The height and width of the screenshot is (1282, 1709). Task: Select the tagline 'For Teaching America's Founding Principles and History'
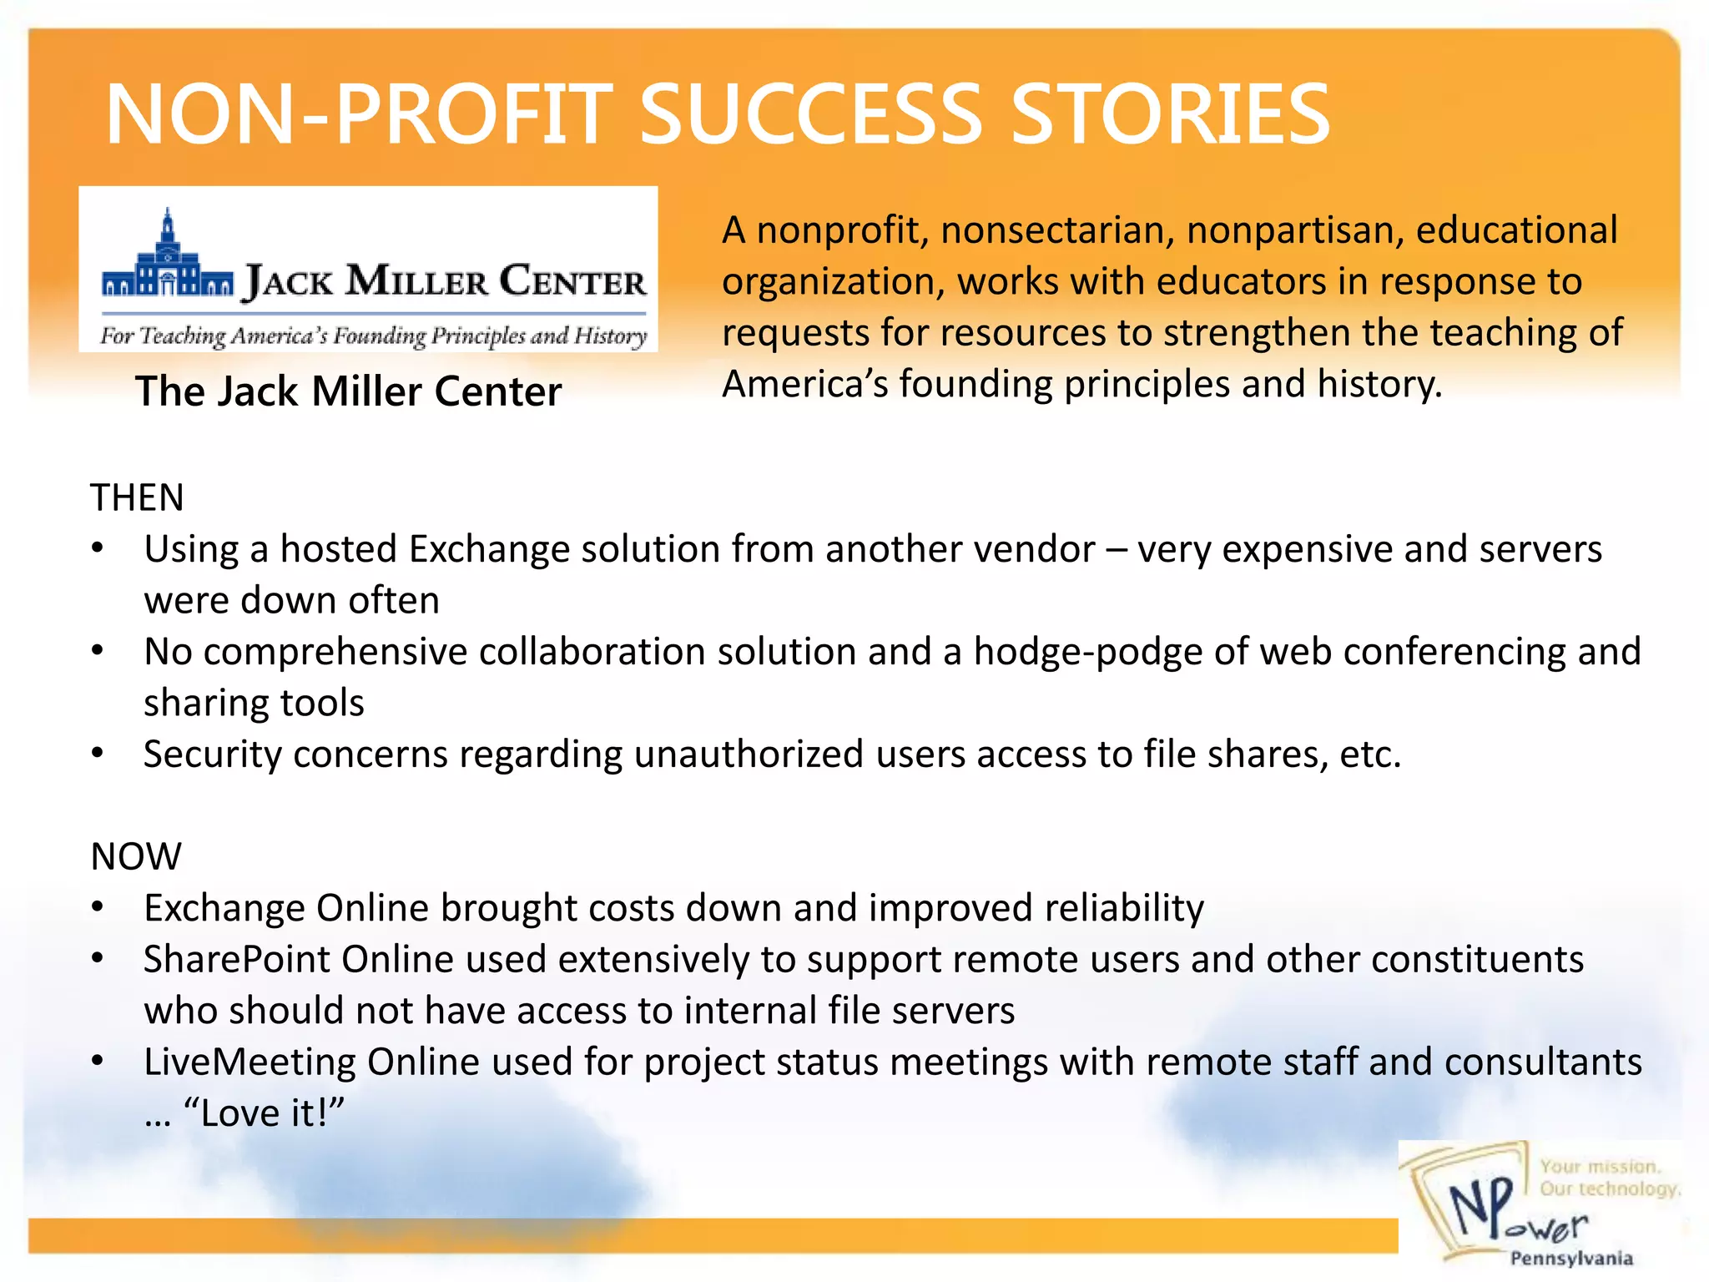[373, 336]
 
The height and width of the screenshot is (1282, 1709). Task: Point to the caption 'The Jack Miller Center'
[349, 391]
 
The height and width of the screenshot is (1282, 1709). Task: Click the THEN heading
[137, 498]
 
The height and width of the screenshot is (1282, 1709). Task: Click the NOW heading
[136, 856]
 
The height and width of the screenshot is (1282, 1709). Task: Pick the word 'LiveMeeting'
[250, 1062]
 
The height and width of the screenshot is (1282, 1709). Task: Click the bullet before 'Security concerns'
[98, 754]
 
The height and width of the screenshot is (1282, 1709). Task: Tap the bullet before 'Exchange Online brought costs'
[98, 907]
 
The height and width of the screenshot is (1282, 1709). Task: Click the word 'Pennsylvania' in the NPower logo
[1570, 1258]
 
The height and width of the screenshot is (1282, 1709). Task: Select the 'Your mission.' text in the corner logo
[1600, 1166]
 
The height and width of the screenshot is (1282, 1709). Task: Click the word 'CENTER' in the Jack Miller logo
[572, 281]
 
